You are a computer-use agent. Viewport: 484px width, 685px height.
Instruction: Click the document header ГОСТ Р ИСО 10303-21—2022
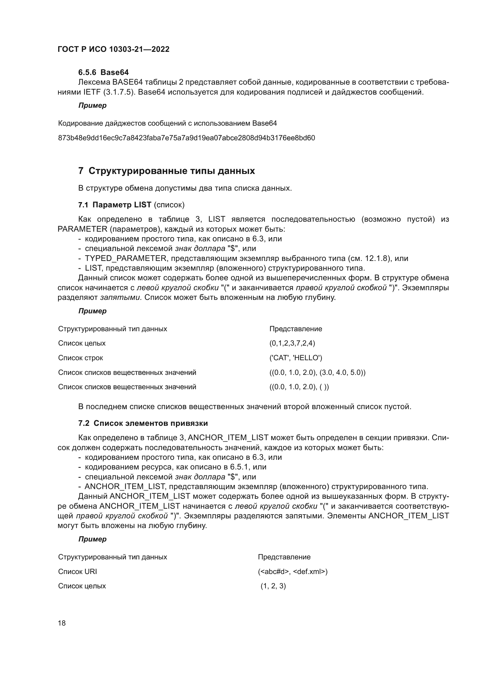pyautogui.click(x=113, y=49)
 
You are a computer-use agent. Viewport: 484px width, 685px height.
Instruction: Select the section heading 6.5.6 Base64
pyautogui.click(x=103, y=72)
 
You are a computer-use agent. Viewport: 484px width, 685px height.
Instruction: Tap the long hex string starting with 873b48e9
pyautogui.click(x=186, y=138)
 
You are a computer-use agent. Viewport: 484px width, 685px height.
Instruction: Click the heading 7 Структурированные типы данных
pyautogui.click(x=166, y=171)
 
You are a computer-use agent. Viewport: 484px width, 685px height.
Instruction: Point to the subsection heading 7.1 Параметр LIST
pyautogui.click(x=115, y=205)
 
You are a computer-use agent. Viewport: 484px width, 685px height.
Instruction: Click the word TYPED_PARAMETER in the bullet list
pyautogui.click(x=126, y=258)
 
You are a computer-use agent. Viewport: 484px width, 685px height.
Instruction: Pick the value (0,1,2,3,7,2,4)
pyautogui.click(x=292, y=343)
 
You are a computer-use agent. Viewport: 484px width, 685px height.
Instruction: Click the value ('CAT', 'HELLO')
pyautogui.click(x=296, y=358)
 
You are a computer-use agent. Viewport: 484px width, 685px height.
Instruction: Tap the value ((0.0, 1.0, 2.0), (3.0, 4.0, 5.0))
pyautogui.click(x=317, y=372)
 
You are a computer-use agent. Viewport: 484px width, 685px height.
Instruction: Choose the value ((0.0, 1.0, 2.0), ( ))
pyautogui.click(x=299, y=387)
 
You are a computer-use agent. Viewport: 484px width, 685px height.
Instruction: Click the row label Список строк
pyautogui.click(x=80, y=358)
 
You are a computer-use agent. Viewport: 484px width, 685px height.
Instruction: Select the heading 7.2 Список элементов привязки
pyautogui.click(x=143, y=423)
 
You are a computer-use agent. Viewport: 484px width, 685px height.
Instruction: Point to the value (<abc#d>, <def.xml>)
pyautogui.click(x=293, y=572)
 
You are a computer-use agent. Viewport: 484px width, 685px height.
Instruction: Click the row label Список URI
pyautogui.click(x=78, y=572)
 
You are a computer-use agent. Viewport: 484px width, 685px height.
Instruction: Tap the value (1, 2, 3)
pyautogui.click(x=273, y=586)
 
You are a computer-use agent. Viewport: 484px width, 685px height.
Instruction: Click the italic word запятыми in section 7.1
pyautogui.click(x=121, y=298)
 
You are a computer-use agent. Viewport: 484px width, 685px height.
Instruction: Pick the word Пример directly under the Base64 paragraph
pyautogui.click(x=92, y=105)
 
